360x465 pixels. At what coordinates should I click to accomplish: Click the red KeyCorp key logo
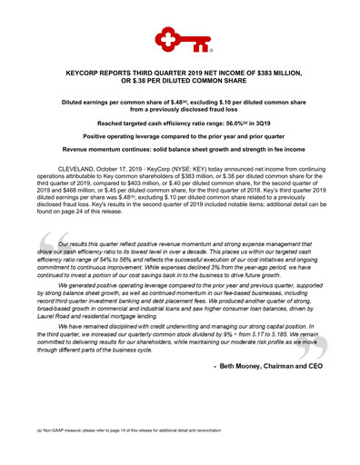[179, 37]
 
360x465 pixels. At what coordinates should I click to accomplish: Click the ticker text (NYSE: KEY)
[192, 170]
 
